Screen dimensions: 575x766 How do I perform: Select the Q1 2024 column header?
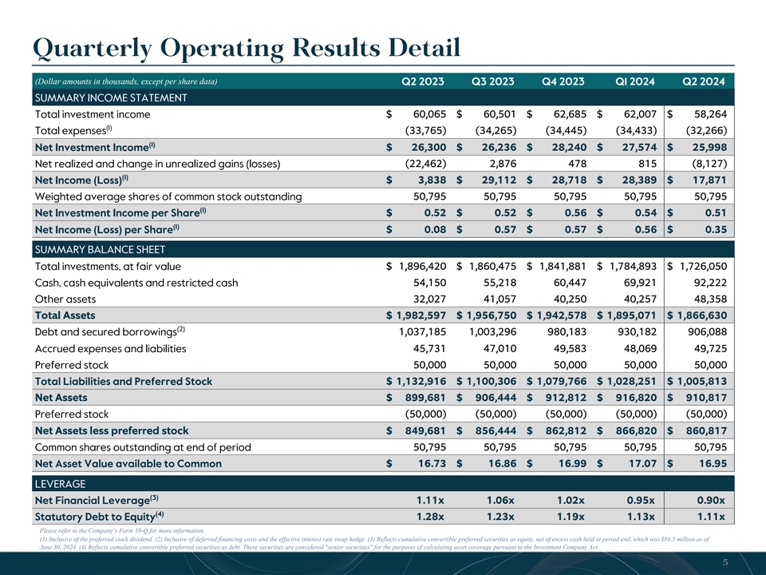point(636,81)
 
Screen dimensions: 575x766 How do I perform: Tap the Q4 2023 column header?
point(563,81)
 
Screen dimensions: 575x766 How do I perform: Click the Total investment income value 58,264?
point(705,114)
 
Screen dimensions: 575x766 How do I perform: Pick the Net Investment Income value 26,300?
point(426,147)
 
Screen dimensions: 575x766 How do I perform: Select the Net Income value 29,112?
point(496,180)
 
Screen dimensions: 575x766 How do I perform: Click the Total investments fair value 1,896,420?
point(414,266)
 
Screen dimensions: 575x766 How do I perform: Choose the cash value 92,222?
point(706,283)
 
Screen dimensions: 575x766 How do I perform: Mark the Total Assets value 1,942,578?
point(555,315)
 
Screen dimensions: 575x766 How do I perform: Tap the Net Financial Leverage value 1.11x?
point(432,500)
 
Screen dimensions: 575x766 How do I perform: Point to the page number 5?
point(725,562)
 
